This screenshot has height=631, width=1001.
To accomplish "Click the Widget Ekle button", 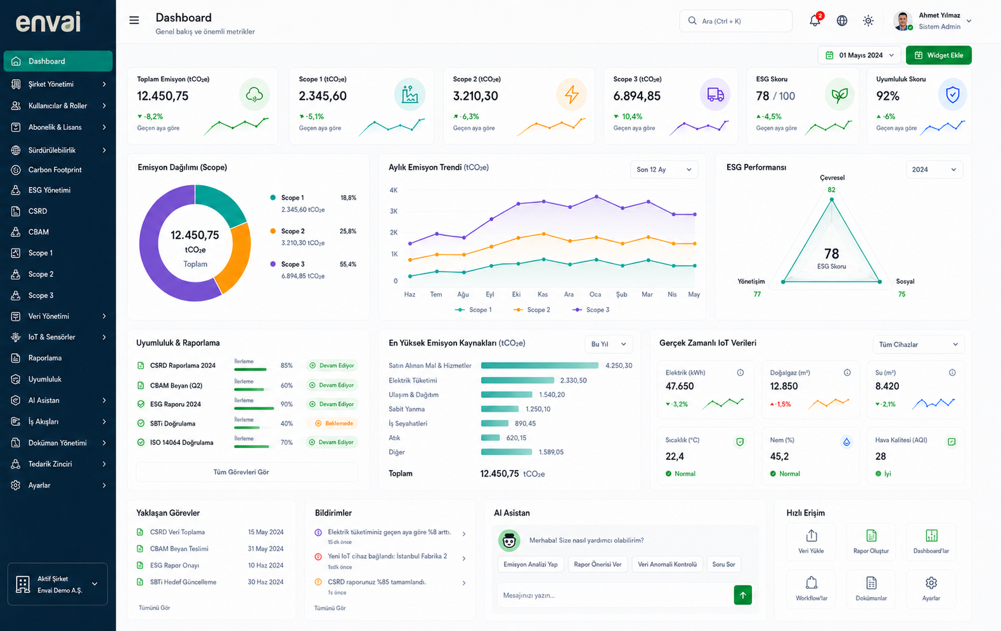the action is pyautogui.click(x=938, y=55).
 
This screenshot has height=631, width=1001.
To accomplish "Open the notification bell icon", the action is pyautogui.click(x=815, y=20).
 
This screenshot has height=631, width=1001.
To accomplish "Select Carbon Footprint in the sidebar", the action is pyautogui.click(x=55, y=170).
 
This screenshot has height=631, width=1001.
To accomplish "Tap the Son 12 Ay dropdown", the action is pyautogui.click(x=664, y=170).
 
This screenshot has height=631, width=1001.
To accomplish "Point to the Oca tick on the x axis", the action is pyautogui.click(x=595, y=295).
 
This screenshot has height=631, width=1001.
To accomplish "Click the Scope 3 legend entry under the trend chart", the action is pyautogui.click(x=591, y=309).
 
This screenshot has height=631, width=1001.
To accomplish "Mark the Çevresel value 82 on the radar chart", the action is pyautogui.click(x=831, y=190).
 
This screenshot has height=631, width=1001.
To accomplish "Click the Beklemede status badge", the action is pyautogui.click(x=333, y=423).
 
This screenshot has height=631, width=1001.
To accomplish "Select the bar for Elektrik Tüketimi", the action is pyautogui.click(x=517, y=381).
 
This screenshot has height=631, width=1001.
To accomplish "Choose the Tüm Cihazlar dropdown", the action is pyautogui.click(x=919, y=344).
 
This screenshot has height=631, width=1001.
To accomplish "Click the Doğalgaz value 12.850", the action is pyautogui.click(x=784, y=386).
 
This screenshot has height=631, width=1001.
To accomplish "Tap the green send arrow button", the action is pyautogui.click(x=743, y=595).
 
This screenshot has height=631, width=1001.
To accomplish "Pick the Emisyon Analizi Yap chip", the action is pyautogui.click(x=531, y=564).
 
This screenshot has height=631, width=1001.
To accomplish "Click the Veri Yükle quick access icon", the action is pyautogui.click(x=811, y=535).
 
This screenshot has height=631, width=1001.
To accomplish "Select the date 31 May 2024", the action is pyautogui.click(x=266, y=549).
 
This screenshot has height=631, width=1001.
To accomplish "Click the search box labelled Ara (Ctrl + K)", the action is pyautogui.click(x=735, y=21).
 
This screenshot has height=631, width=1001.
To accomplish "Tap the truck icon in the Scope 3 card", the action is pyautogui.click(x=715, y=94).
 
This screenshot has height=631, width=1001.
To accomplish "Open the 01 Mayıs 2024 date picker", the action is pyautogui.click(x=859, y=55).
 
